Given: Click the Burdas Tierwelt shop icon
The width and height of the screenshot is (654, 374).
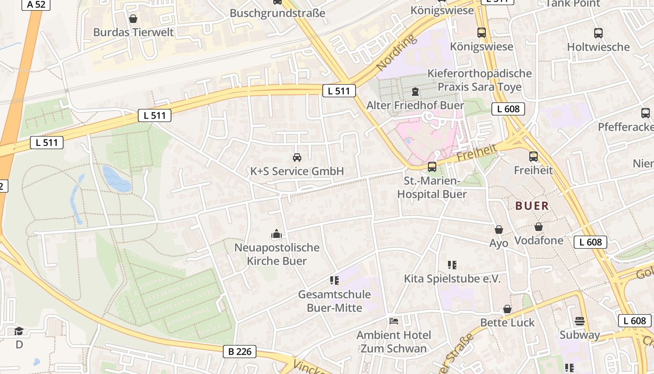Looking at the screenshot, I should (133, 19).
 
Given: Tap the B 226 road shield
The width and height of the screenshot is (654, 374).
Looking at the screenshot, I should (241, 352).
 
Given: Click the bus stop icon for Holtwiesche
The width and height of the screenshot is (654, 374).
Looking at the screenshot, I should (598, 33).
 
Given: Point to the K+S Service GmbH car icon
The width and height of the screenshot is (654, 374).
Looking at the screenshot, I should (297, 158).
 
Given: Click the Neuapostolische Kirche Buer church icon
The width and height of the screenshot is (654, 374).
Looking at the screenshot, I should (277, 234).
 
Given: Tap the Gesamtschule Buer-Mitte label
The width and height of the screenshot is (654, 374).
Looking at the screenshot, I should (334, 301).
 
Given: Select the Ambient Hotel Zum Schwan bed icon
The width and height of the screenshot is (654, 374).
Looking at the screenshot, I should (394, 321).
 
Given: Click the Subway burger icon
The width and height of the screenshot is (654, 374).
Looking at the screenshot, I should (580, 321).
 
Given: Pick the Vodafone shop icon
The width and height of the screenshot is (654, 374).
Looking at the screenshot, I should (539, 227).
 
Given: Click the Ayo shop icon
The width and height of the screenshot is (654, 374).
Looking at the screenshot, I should (499, 230).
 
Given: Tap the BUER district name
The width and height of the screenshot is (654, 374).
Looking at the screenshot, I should (532, 206).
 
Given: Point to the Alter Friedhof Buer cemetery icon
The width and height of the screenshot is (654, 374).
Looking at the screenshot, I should (415, 92).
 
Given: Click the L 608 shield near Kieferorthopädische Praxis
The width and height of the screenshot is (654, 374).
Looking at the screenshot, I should (508, 109).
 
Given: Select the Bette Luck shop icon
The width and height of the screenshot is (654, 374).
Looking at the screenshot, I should (507, 309).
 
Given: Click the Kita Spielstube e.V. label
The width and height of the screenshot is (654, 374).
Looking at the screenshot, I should (452, 279).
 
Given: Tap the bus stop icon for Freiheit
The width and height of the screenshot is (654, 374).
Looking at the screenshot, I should (533, 157).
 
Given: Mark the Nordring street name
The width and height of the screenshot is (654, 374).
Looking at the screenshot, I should (395, 52).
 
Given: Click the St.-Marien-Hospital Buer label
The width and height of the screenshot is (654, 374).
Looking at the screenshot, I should (432, 187).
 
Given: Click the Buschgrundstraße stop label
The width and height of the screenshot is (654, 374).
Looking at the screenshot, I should (277, 13).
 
